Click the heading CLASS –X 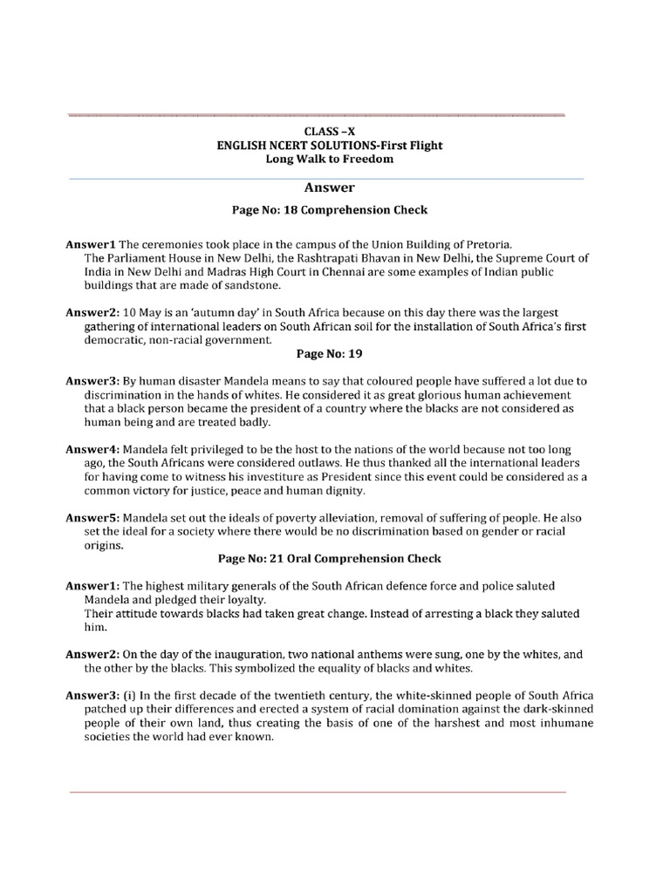330,132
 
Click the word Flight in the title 422,146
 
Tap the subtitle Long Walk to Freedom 330,160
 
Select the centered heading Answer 329,187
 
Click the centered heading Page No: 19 329,354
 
